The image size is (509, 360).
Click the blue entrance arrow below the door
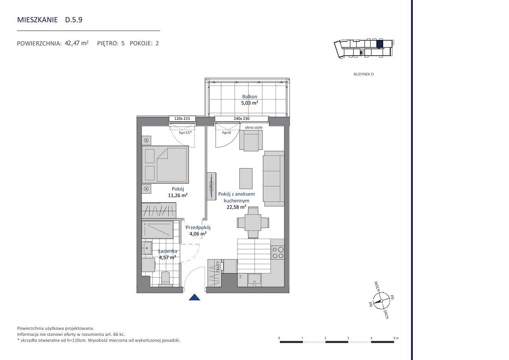(x=194, y=297)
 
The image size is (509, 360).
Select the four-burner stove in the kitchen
(x=278, y=253)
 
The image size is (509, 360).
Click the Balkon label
(x=249, y=97)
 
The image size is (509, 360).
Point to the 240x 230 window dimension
(x=241, y=119)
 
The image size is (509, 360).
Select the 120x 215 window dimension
(x=182, y=119)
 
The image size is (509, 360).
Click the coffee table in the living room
(x=246, y=179)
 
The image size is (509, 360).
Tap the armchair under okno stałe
(x=251, y=140)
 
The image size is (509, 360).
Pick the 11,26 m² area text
(x=178, y=195)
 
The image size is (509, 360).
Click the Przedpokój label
(x=198, y=227)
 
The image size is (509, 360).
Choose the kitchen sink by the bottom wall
(x=254, y=280)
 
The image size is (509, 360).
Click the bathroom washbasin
(x=147, y=248)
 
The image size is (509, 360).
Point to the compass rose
(x=381, y=300)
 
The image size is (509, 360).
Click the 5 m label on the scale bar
(x=396, y=338)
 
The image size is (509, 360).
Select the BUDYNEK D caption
(x=363, y=74)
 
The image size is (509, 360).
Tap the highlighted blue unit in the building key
(x=379, y=44)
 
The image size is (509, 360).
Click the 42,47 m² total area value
(x=77, y=43)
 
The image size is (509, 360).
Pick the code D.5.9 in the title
(x=74, y=20)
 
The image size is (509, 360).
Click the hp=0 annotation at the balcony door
(x=227, y=132)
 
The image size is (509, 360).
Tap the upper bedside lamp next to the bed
(x=146, y=140)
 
